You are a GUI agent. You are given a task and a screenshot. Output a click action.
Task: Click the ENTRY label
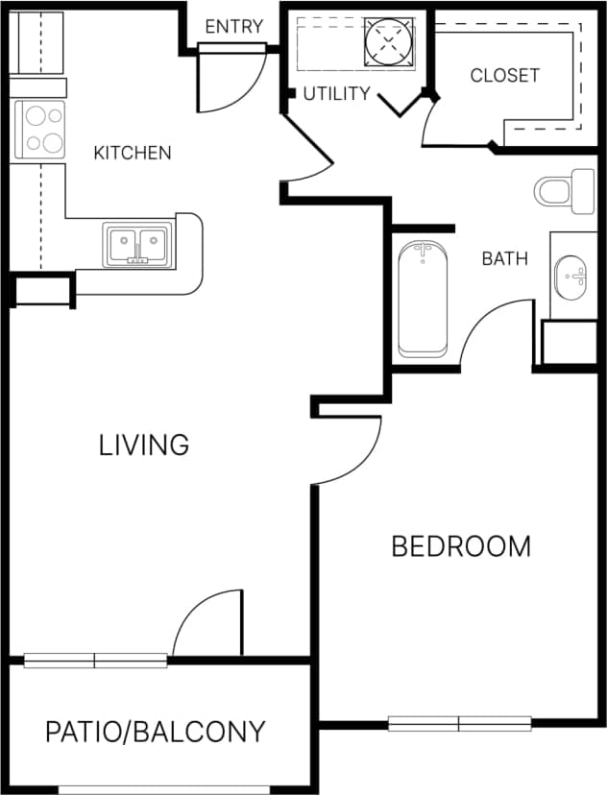tap(233, 27)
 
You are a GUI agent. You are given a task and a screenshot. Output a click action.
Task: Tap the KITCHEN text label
tap(133, 153)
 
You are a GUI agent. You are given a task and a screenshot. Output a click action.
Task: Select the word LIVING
tap(144, 446)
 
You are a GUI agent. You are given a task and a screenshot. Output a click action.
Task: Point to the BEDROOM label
tap(461, 547)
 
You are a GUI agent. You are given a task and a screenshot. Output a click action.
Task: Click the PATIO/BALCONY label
tap(156, 733)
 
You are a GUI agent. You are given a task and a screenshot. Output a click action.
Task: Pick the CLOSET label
tap(504, 76)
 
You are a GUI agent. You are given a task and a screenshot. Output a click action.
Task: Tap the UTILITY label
tap(336, 94)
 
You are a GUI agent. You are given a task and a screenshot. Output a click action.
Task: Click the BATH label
tap(504, 258)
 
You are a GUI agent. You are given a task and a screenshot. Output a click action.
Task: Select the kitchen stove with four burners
tap(39, 130)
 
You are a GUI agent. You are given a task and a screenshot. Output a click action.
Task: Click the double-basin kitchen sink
tap(139, 245)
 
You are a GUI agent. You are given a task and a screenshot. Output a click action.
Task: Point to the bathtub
tap(423, 300)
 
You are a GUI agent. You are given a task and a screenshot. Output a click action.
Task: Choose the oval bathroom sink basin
tap(571, 277)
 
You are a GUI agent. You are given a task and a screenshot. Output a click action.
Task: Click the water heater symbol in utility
tap(390, 42)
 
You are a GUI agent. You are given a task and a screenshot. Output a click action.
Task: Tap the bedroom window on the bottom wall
tap(460, 723)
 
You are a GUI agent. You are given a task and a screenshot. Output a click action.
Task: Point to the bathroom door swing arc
tap(496, 331)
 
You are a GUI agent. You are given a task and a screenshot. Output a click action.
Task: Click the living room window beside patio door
tap(95, 661)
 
